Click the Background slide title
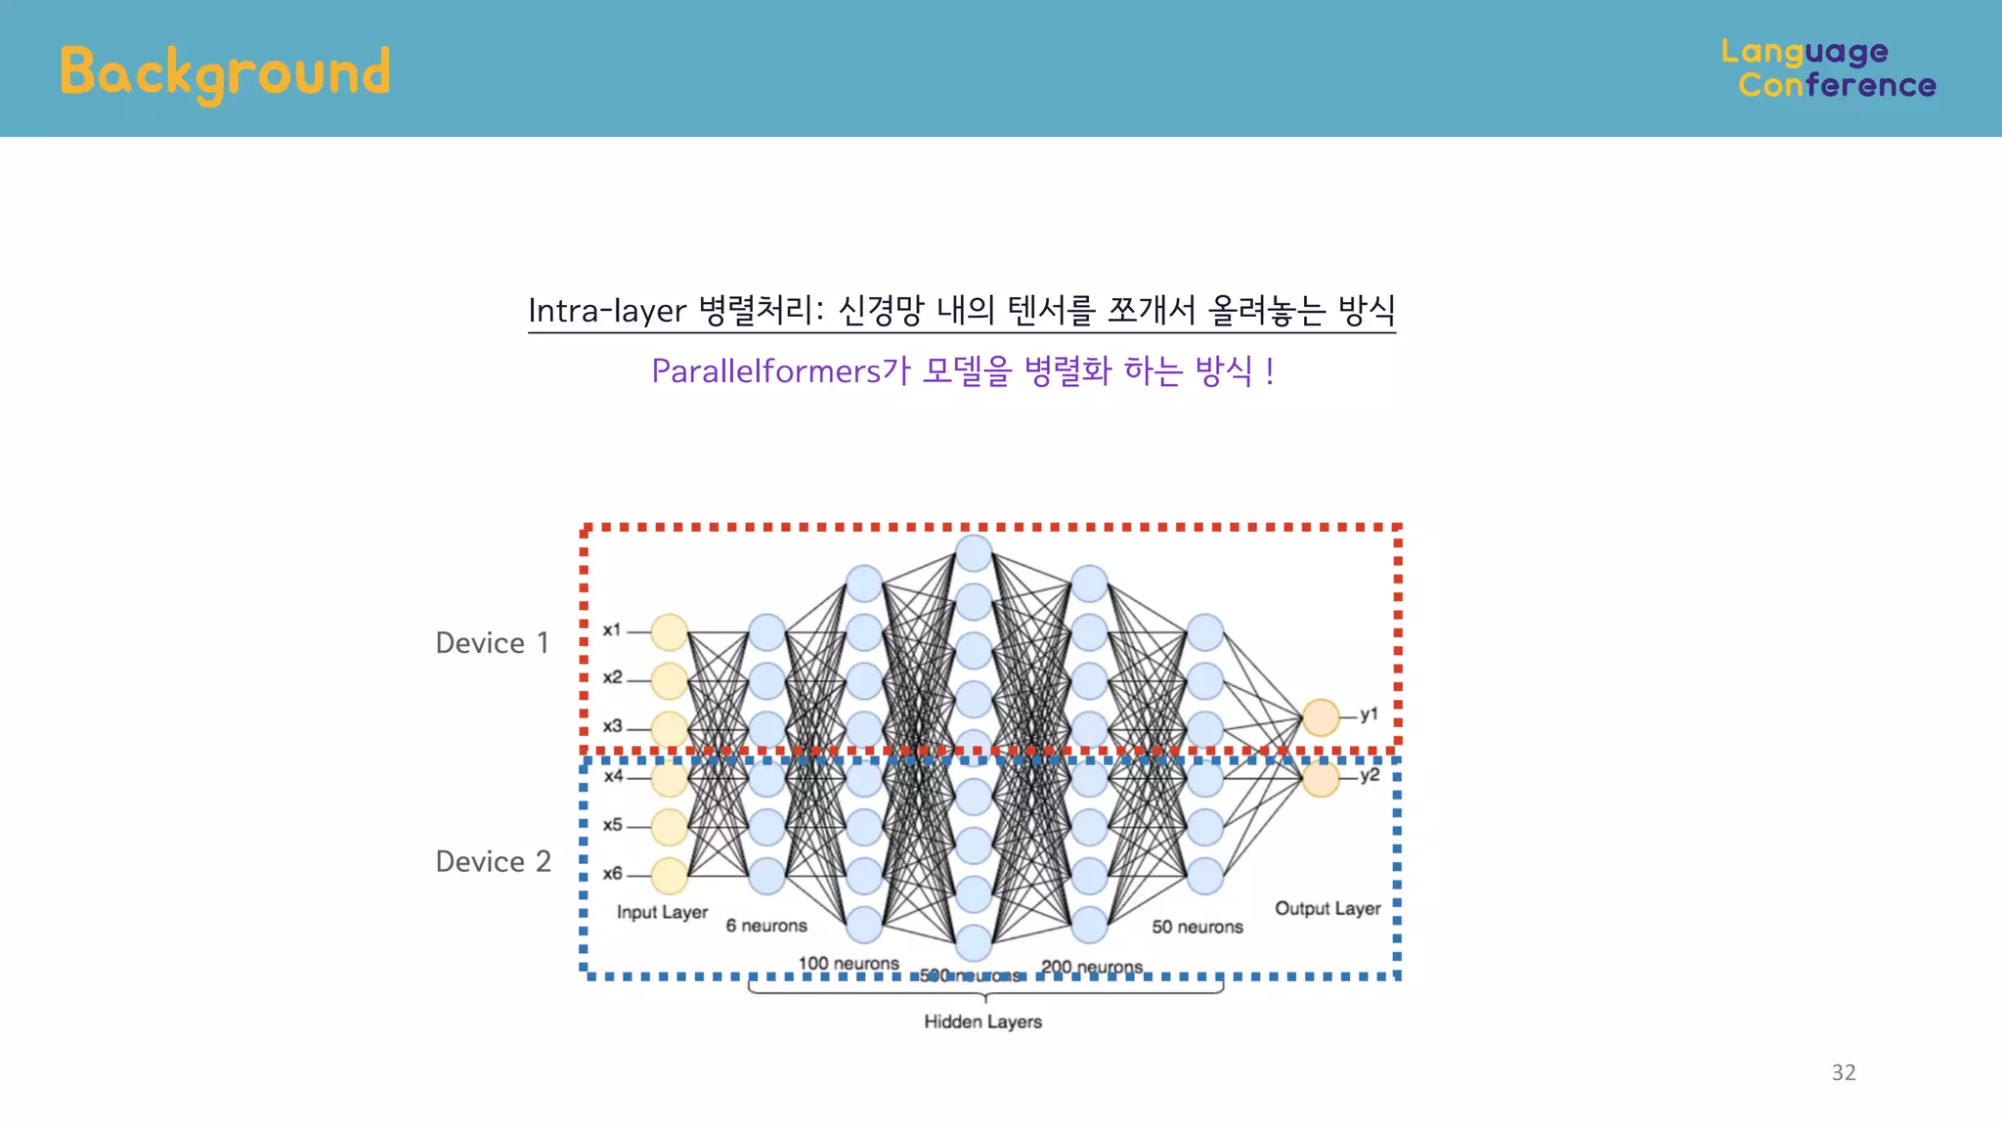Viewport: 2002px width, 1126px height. pyautogui.click(x=225, y=72)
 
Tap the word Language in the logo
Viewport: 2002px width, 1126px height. pyautogui.click(x=1804, y=51)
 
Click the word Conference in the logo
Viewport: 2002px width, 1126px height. pyautogui.click(x=1836, y=85)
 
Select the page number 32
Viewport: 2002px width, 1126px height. pyautogui.click(x=1843, y=1072)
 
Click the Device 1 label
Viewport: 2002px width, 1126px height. pyautogui.click(x=492, y=643)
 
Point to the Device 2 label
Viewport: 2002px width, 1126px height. pyautogui.click(x=493, y=862)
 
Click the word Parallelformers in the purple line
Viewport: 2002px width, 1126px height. pyautogui.click(x=766, y=371)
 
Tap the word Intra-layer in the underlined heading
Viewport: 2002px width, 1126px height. pyautogui.click(x=607, y=311)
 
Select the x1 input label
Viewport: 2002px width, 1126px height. pyautogui.click(x=612, y=630)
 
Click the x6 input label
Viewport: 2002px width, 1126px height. pyautogui.click(x=612, y=874)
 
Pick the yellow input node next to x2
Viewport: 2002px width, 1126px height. pyautogui.click(x=670, y=681)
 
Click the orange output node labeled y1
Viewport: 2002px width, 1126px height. pyautogui.click(x=1321, y=717)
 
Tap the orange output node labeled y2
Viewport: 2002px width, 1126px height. pyautogui.click(x=1321, y=779)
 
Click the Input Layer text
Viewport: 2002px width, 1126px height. pyautogui.click(x=662, y=912)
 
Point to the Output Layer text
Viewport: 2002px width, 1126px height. pyautogui.click(x=1327, y=908)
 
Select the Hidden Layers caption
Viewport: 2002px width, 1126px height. pyautogui.click(x=982, y=1021)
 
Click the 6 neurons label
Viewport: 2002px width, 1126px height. pyautogui.click(x=766, y=926)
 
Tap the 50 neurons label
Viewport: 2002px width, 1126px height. pyautogui.click(x=1197, y=927)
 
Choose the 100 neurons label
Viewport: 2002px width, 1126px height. pyautogui.click(x=849, y=964)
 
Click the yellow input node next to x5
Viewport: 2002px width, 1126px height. pyautogui.click(x=670, y=827)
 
